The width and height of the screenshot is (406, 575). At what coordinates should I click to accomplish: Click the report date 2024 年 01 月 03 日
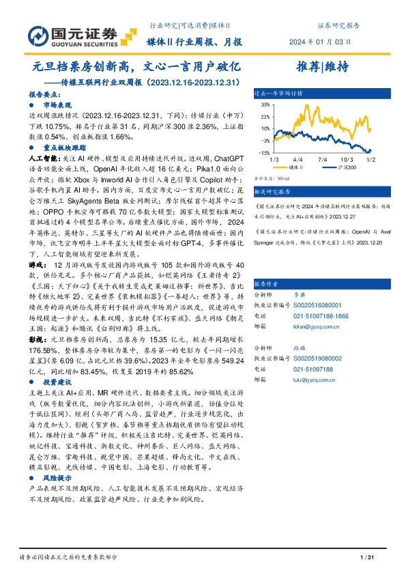[x=329, y=41]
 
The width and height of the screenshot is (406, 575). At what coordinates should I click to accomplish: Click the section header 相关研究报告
[x=274, y=192]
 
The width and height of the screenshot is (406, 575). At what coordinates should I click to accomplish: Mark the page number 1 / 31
[x=366, y=559]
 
